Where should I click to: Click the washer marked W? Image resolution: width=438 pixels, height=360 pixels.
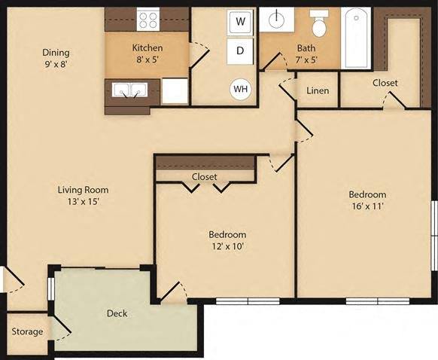[x=240, y=21]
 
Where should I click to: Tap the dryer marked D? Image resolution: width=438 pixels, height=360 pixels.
[x=240, y=51]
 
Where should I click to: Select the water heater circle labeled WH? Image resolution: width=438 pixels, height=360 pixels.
[x=241, y=89]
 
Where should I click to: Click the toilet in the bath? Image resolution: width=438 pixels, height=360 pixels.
[x=318, y=27]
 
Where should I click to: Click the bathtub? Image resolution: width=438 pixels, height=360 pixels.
[x=356, y=38]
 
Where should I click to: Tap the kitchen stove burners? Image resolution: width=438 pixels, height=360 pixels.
[x=148, y=20]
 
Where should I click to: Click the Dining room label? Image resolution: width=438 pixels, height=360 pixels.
[x=56, y=53]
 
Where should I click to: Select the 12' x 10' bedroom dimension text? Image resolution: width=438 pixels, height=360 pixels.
[x=227, y=246]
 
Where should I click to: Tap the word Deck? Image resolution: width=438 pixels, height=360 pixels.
[x=117, y=313]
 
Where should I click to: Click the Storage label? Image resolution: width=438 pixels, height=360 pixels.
[x=26, y=331]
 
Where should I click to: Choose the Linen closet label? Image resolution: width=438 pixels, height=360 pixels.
[x=317, y=90]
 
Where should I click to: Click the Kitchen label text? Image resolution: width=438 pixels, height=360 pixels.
[x=148, y=47]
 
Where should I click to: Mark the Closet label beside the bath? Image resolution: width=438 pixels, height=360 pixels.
[x=385, y=83]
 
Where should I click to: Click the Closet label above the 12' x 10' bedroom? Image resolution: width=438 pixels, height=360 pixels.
[x=204, y=177]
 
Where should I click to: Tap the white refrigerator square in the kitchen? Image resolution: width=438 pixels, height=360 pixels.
[x=175, y=91]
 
